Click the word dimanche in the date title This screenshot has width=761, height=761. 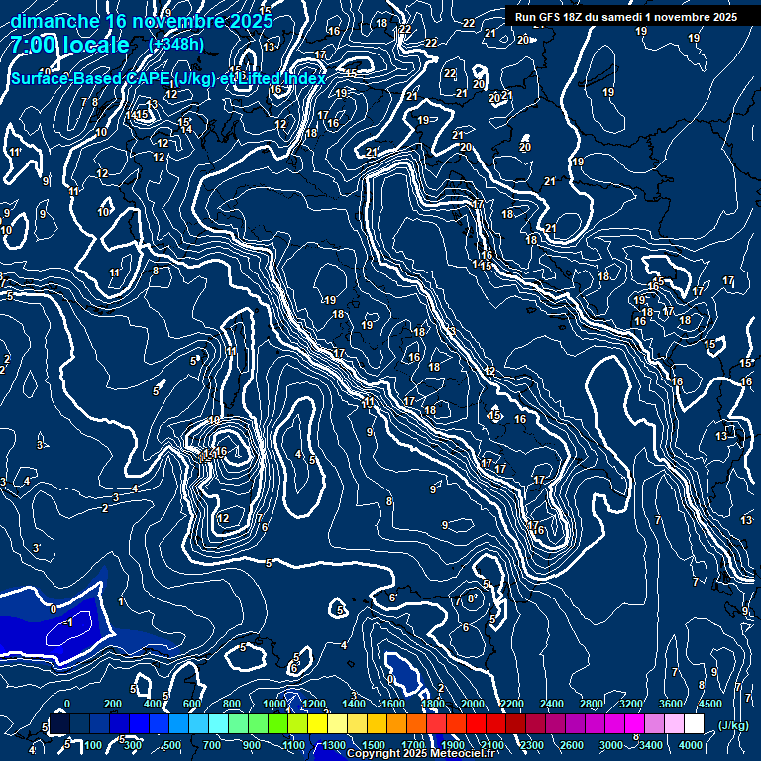[54, 21]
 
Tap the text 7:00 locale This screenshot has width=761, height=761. [69, 45]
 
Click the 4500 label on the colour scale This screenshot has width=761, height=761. [709, 704]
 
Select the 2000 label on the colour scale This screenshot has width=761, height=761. [473, 704]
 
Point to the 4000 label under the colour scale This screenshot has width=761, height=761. [691, 745]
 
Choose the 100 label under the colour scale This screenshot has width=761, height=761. [93, 745]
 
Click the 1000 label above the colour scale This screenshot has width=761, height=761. [274, 704]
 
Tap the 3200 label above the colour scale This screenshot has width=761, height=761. [631, 704]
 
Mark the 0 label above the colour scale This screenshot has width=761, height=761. [67, 704]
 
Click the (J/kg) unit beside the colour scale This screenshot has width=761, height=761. [731, 725]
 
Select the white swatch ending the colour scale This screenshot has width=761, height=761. [694, 724]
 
